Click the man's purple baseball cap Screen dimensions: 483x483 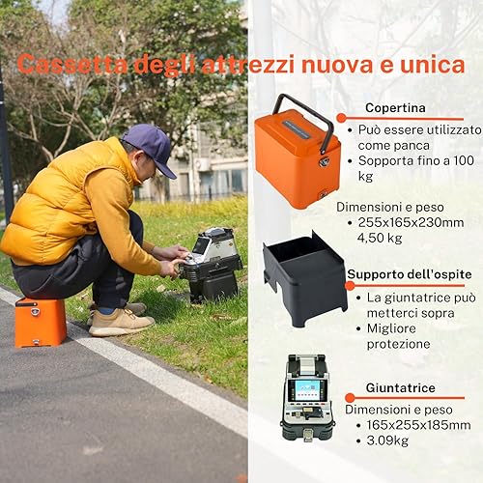[151, 147]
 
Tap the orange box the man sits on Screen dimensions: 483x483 [41, 323]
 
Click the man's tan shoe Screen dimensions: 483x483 [121, 323]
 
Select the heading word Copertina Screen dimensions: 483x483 [395, 108]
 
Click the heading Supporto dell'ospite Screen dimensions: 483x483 [410, 274]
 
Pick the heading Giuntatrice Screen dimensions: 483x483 [401, 387]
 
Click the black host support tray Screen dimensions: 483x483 [305, 278]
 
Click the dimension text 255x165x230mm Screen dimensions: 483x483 [411, 222]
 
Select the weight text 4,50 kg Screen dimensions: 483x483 [380, 238]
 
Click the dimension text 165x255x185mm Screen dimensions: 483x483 [418, 425]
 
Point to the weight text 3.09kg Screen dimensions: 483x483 [387, 440]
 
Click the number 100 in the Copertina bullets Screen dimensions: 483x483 [464, 160]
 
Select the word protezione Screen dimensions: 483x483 [399, 344]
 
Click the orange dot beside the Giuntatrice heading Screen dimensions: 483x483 [350, 398]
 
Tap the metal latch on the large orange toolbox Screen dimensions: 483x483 [325, 161]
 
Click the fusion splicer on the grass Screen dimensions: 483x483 [211, 264]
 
